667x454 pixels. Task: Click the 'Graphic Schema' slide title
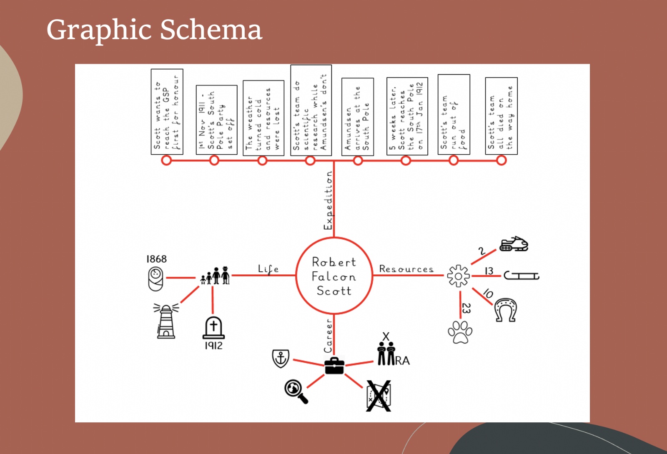154,30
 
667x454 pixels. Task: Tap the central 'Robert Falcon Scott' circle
334,276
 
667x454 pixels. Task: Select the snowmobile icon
514,244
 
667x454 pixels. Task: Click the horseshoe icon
505,310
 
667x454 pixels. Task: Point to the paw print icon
460,332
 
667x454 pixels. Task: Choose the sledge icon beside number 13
522,276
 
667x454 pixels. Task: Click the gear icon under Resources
458,276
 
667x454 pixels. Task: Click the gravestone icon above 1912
213,328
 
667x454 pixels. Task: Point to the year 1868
156,259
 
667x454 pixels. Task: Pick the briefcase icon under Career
334,366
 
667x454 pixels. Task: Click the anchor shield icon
281,358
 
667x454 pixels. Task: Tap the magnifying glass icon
296,391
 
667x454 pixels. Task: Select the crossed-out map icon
379,396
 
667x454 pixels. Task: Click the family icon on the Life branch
215,276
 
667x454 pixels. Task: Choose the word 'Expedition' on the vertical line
328,201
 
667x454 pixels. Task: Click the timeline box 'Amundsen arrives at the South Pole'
357,117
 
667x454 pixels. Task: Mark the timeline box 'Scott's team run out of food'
454,115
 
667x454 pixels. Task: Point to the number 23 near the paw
466,309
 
